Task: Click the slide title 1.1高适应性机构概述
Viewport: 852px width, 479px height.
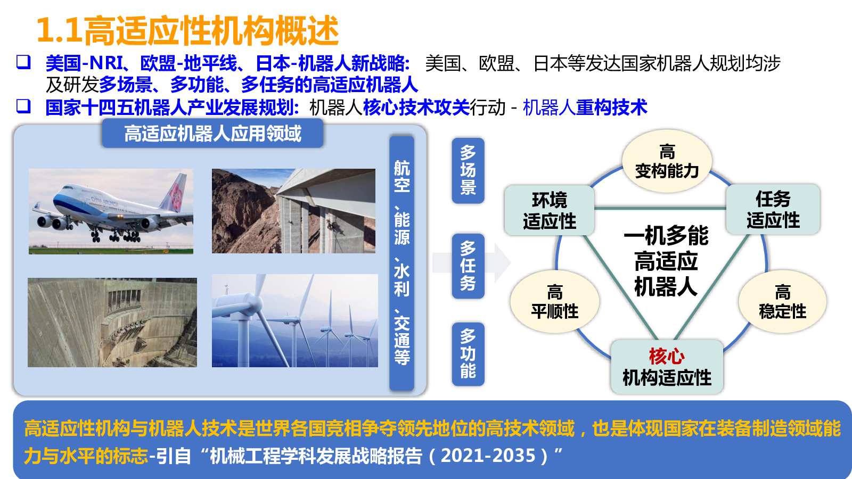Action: click(x=187, y=30)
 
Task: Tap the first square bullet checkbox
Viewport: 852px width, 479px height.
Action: click(x=23, y=62)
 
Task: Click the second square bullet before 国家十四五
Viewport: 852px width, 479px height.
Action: click(x=23, y=106)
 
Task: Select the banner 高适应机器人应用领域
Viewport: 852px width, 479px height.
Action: click(x=212, y=134)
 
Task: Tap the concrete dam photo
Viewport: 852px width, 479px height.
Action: click(x=112, y=323)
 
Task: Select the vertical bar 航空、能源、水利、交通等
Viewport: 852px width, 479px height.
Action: click(x=402, y=263)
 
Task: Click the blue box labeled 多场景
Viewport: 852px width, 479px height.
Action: click(x=468, y=171)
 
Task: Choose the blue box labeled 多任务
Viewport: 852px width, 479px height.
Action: click(x=468, y=266)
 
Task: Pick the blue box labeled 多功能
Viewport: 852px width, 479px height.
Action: click(x=468, y=354)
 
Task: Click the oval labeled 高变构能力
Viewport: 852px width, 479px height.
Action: click(x=667, y=162)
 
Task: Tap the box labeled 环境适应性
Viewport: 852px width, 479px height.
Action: click(x=549, y=210)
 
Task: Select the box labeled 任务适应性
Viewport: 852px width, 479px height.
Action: click(x=773, y=209)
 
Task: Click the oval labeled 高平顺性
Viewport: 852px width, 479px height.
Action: click(x=554, y=302)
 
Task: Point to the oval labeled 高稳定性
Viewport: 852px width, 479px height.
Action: click(x=782, y=302)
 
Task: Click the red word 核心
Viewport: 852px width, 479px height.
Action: click(x=667, y=356)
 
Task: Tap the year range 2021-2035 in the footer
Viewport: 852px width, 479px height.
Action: click(x=488, y=456)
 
